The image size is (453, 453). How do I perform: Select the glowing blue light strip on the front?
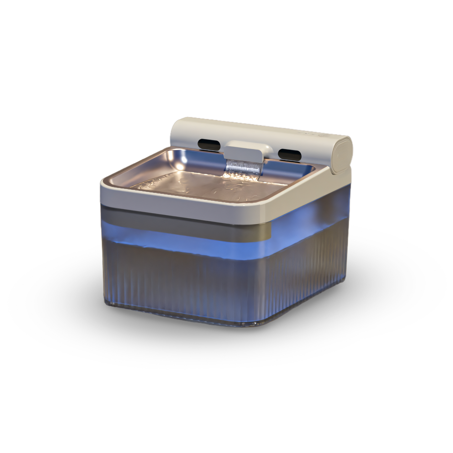(x=188, y=237)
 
